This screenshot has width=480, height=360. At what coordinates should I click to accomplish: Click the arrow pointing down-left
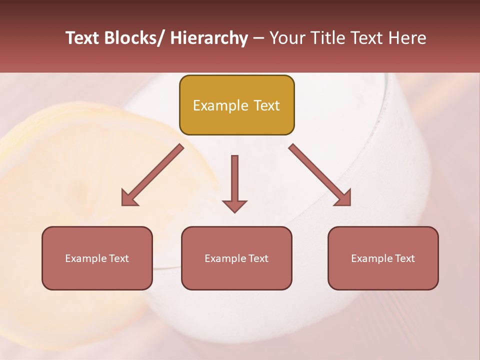point(152,175)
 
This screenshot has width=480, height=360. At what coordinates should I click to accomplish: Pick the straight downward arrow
point(234,182)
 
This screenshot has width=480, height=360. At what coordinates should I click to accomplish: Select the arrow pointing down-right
point(320,175)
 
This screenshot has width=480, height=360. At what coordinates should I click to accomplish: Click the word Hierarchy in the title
point(209,38)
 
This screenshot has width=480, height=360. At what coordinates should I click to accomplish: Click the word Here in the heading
point(406,38)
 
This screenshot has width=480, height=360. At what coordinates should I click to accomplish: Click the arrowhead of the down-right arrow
point(344,198)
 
